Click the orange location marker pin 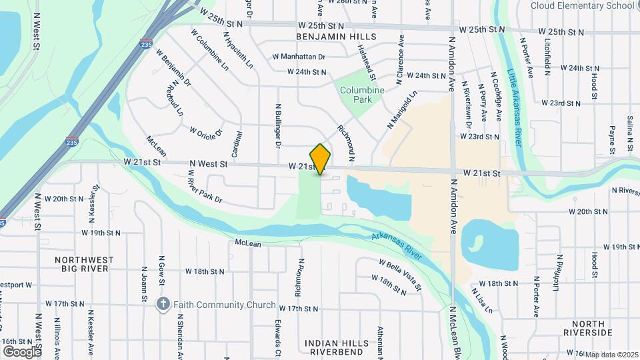pos(320,159)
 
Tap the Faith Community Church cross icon pos(163,305)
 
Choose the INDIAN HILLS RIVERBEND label pos(336,347)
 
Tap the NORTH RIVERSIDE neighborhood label pos(587,327)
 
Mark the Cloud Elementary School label pos(583,5)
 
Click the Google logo pos(21,351)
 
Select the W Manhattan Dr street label pos(299,57)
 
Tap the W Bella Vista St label pos(400,275)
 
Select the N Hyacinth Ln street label pos(238,49)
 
